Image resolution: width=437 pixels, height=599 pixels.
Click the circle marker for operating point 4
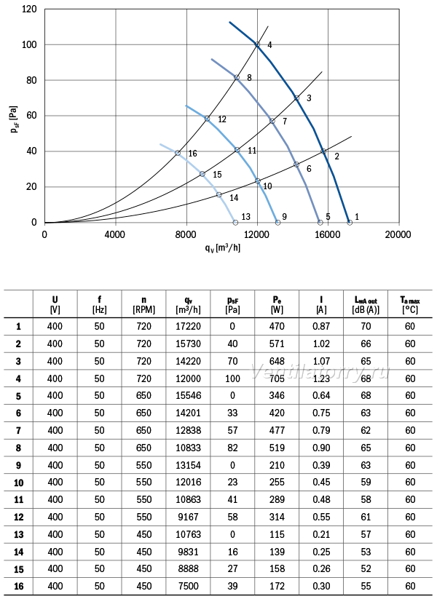pos(257,44)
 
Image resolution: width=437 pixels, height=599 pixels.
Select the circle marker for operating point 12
pos(208,119)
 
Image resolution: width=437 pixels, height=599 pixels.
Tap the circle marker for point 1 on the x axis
pos(350,222)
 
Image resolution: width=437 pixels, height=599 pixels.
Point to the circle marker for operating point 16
pos(178,153)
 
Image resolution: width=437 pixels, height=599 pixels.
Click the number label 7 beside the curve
pos(285,122)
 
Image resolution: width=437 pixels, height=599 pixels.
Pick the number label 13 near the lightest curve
pos(246,217)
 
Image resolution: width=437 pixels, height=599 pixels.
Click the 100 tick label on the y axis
pos(29,44)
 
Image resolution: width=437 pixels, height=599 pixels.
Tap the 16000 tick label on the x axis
pos(328,234)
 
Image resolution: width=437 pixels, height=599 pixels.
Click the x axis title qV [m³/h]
pos(223,248)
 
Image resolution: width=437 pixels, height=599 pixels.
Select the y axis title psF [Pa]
pos(14,119)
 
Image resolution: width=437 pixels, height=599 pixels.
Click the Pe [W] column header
pos(277,305)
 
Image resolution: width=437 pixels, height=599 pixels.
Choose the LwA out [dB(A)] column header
pos(366,305)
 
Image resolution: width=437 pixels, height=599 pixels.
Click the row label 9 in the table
pos(18,465)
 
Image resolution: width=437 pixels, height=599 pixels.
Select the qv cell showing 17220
pos(188,327)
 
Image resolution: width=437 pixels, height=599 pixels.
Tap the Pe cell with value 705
pos(277,378)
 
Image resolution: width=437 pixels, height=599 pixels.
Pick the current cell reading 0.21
pos(321,534)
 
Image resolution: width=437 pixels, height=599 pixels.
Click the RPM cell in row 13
pos(143,534)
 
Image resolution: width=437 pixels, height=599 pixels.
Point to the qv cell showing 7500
pos(188,587)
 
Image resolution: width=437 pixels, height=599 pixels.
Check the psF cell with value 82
pos(232,448)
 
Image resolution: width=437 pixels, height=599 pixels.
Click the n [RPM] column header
pos(143,305)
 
